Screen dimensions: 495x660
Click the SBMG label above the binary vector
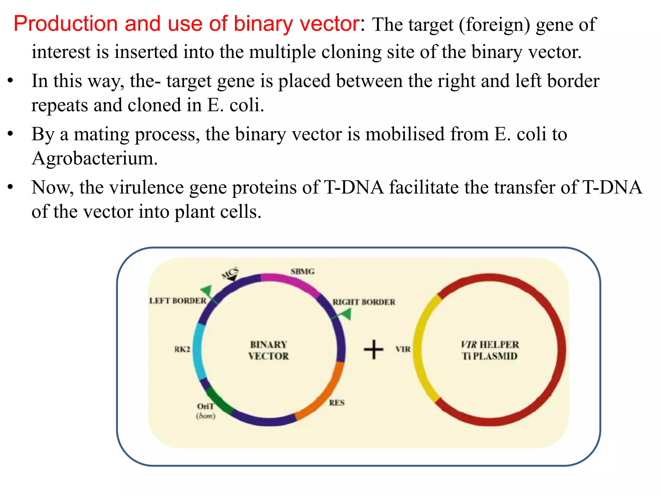(302, 271)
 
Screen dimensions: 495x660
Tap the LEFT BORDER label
(178, 301)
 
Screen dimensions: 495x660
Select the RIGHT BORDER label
(364, 302)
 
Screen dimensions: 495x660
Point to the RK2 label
(182, 349)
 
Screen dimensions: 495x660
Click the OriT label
(205, 406)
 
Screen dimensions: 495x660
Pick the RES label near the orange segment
(337, 403)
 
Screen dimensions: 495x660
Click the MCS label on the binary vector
(230, 273)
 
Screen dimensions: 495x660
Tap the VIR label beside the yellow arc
(403, 349)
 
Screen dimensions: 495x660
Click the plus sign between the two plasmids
(374, 349)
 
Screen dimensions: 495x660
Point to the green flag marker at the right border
(346, 314)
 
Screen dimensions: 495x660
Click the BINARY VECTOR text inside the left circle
(268, 350)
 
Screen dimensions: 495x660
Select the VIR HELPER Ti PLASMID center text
(490, 350)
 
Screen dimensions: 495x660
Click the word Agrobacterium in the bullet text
(94, 158)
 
